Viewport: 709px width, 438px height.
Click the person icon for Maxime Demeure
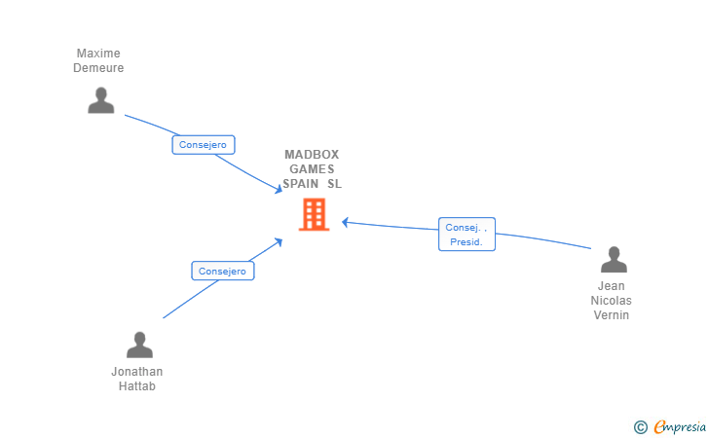pos(100,100)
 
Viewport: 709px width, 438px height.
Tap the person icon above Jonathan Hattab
pos(139,345)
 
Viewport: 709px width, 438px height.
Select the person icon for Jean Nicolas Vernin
pos(613,260)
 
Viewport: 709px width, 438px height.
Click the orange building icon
pos(314,214)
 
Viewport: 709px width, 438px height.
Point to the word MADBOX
pos(312,155)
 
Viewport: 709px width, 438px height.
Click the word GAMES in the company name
pos(312,169)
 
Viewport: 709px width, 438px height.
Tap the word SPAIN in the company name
pos(301,184)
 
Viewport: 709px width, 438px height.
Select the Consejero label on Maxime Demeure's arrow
pos(203,145)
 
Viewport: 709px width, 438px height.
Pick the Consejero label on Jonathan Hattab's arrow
pos(222,272)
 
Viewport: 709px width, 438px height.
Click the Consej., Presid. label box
pos(466,235)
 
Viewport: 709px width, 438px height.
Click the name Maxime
pos(98,54)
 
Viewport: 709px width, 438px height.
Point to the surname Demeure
pos(98,68)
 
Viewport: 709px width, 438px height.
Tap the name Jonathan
pos(137,372)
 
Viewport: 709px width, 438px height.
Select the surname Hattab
pos(137,386)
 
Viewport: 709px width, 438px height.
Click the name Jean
pos(612,286)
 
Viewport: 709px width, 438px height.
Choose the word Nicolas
pos(612,301)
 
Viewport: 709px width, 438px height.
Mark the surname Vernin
pos(612,315)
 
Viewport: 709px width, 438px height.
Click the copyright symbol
pos(640,426)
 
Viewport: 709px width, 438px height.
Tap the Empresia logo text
pos(681,426)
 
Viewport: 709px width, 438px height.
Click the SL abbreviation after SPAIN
pos(334,184)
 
